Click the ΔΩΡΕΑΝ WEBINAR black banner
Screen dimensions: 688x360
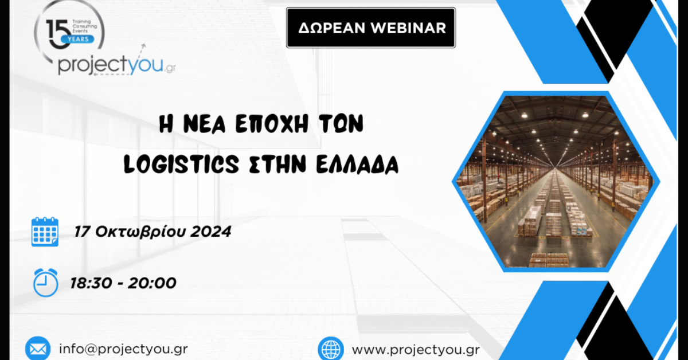tap(371, 28)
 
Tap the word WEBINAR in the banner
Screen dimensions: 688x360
tap(408, 28)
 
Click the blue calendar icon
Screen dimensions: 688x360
tap(45, 232)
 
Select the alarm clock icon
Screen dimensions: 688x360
tap(45, 283)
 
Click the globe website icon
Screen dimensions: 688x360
tap(331, 349)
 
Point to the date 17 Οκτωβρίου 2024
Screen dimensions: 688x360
tap(153, 232)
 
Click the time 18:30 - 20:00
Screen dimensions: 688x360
tap(123, 283)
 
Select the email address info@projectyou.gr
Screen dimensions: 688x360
tap(123, 349)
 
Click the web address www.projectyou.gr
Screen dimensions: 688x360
tap(416, 350)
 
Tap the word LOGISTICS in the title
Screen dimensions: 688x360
tap(181, 164)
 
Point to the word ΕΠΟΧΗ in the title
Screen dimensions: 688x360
tap(272, 124)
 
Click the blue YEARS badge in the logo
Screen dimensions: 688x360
tap(78, 39)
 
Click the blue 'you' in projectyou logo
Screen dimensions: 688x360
tap(144, 65)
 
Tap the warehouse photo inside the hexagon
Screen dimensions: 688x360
tap(556, 181)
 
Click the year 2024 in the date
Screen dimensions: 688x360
tap(211, 232)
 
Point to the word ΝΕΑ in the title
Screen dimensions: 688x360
tap(205, 124)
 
